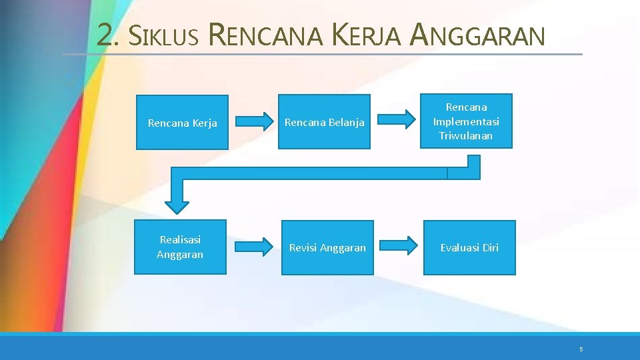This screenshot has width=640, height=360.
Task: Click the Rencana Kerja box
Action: [182, 123]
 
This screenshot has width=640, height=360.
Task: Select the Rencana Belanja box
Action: [325, 122]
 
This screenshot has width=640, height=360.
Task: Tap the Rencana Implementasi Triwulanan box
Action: [466, 121]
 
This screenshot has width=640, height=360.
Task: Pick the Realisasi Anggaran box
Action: [180, 247]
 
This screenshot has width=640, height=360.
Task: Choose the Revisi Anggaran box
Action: [327, 247]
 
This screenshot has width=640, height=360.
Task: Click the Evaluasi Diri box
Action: [469, 247]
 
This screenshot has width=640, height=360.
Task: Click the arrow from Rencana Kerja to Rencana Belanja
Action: [254, 121]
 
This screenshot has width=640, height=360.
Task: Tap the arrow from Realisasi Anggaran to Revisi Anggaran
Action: [254, 246]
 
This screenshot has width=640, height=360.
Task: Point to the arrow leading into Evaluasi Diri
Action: [399, 245]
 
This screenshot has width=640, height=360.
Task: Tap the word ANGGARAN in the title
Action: [478, 36]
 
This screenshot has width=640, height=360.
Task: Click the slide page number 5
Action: [581, 349]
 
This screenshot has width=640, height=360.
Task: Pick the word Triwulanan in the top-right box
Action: [466, 136]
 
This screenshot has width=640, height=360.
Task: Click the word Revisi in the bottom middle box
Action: [303, 247]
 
